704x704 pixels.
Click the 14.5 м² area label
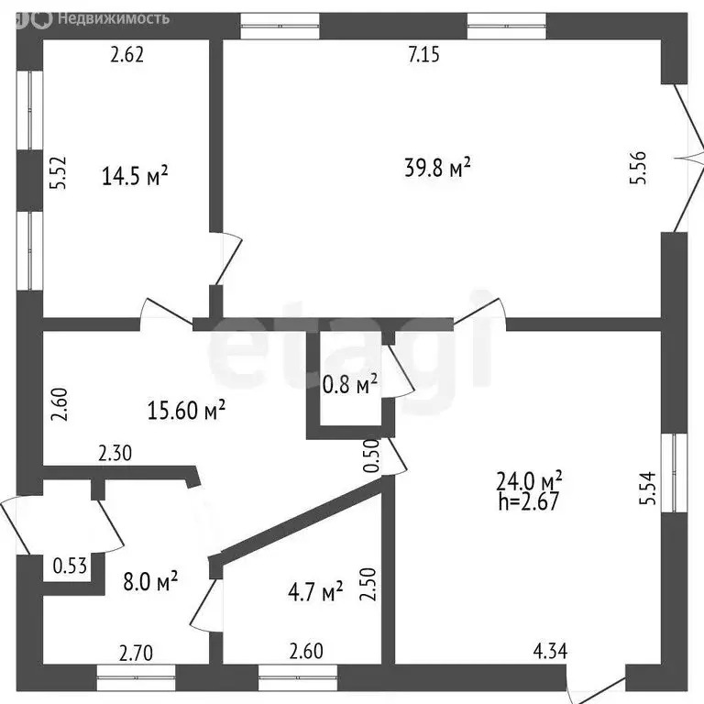coord(135,175)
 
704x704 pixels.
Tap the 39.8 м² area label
coord(437,167)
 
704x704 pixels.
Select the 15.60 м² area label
coord(186,410)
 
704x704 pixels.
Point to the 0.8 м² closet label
coord(350,384)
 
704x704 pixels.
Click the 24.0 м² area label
coord(529,480)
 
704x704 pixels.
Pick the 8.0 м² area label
coord(150,581)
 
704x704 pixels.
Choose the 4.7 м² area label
coord(315,592)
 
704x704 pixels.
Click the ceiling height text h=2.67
coord(528,501)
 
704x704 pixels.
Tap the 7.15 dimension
coord(423,54)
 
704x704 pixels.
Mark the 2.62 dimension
coord(127,54)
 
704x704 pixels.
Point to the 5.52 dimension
coord(59,172)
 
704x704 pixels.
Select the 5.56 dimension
coord(638,168)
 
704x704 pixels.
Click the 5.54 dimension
coord(648,488)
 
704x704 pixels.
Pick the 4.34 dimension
coord(550,651)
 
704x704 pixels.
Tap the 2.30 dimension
coord(115,453)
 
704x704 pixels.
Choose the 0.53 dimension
coord(70,566)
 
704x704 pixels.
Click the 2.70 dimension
coord(136,653)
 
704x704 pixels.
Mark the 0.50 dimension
coord(372,456)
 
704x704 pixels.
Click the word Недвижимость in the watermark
coord(114,18)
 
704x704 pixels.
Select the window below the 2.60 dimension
coord(298,677)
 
